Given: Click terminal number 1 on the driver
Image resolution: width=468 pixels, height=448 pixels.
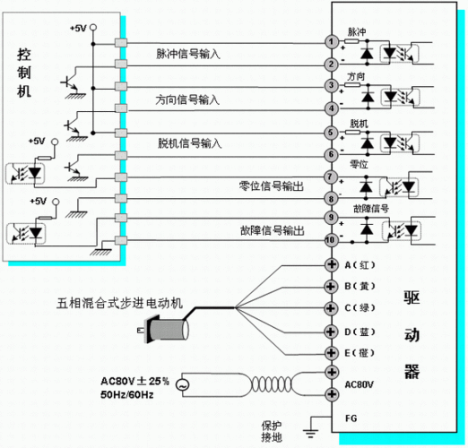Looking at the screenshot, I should pyautogui.click(x=331, y=41).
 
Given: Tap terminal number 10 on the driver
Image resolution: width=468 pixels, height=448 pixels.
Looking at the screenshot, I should pyautogui.click(x=331, y=239).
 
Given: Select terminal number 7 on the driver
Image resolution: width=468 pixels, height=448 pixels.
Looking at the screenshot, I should pyautogui.click(x=331, y=177).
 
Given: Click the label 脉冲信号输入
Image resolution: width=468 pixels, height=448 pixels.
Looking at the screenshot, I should pyautogui.click(x=188, y=54).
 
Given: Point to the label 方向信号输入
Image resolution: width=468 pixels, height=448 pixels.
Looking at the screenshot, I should pyautogui.click(x=188, y=99).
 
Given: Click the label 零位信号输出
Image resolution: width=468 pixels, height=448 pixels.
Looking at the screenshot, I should pyautogui.click(x=270, y=186).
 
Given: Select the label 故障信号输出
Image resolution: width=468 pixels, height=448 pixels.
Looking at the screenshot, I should pyautogui.click(x=270, y=230).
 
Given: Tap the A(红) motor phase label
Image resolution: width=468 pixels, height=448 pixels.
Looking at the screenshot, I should pyautogui.click(x=361, y=265).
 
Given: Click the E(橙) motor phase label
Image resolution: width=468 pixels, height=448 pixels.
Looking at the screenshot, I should pyautogui.click(x=361, y=353).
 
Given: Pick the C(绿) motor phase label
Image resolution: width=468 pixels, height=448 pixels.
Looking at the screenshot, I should pyautogui.click(x=361, y=309).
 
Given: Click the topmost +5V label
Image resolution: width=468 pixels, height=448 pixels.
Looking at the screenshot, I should pyautogui.click(x=78, y=29).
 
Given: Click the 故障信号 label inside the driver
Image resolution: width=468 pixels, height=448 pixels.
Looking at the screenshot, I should pyautogui.click(x=369, y=209).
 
